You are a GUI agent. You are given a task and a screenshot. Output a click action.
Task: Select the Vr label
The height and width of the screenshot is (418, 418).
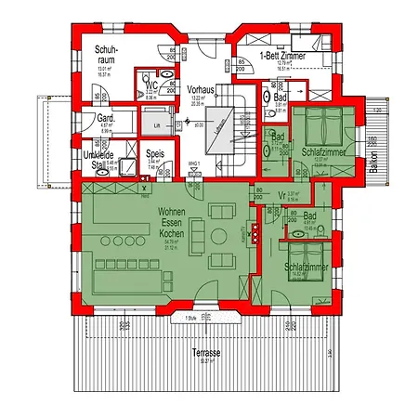(281, 195)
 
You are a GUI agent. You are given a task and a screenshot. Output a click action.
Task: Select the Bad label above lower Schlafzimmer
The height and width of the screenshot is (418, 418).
(309, 216)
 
